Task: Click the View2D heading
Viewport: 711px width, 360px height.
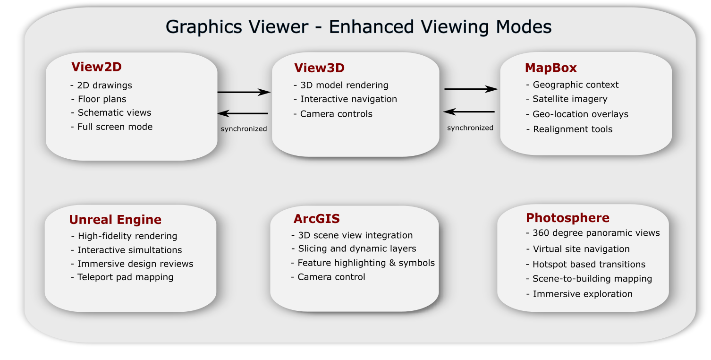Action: (x=96, y=67)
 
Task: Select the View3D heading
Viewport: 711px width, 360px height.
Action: (x=319, y=68)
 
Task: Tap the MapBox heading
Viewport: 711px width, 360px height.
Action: (x=550, y=68)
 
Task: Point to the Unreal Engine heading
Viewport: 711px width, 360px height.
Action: (x=115, y=220)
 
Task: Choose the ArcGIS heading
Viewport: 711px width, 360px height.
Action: (x=316, y=219)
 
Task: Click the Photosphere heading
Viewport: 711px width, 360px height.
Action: (x=567, y=218)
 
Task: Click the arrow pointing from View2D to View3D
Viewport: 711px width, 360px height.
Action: (x=244, y=92)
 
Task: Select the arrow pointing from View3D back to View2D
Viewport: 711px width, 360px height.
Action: (x=243, y=113)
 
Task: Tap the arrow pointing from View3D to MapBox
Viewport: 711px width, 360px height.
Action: (x=471, y=89)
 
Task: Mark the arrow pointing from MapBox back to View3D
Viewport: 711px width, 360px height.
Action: (x=469, y=111)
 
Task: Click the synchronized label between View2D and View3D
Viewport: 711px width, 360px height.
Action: (x=244, y=129)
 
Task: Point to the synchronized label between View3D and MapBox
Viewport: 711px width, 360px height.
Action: (x=470, y=128)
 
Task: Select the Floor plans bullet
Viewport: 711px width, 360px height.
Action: (x=99, y=99)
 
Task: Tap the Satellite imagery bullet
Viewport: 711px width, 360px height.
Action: (x=567, y=99)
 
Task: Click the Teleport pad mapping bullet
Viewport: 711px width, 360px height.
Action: (x=122, y=277)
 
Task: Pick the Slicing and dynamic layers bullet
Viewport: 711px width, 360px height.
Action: (x=354, y=249)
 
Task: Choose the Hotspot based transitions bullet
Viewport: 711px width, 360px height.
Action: (x=585, y=265)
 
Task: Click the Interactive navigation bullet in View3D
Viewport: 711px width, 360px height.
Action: (x=345, y=99)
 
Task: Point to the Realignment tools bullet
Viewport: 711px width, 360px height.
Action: (x=569, y=129)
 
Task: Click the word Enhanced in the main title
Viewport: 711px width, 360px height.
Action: (x=371, y=26)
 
